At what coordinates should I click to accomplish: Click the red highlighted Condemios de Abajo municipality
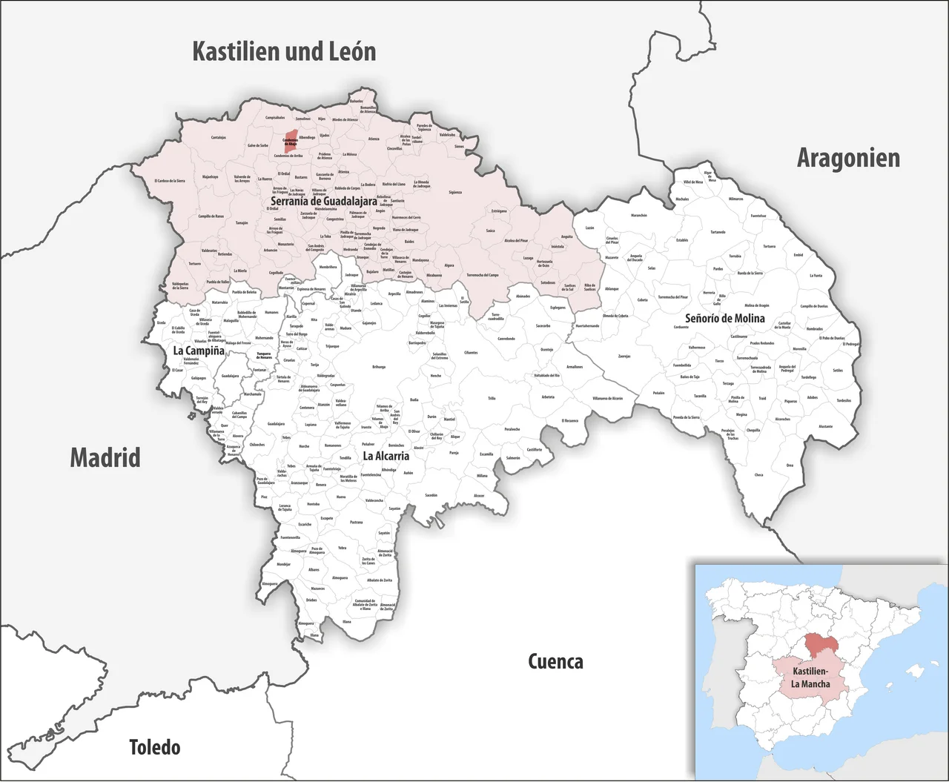tap(291, 144)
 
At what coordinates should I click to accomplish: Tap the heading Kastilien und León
tap(284, 52)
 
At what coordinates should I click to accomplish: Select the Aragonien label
tap(848, 158)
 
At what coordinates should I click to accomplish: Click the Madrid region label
tap(105, 457)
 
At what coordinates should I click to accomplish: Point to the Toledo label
tap(154, 747)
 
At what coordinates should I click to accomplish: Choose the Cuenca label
tap(555, 661)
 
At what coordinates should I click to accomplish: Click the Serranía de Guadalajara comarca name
tap(323, 201)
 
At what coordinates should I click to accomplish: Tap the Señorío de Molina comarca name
tap(724, 318)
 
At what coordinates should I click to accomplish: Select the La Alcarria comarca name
tap(386, 456)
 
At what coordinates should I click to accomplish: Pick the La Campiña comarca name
tap(199, 351)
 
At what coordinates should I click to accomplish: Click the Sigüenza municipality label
tap(454, 193)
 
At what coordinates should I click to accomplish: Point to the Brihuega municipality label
tap(378, 367)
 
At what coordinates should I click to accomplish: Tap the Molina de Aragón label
tap(756, 305)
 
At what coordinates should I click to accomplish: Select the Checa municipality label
tap(758, 475)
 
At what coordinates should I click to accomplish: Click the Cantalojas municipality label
tap(218, 137)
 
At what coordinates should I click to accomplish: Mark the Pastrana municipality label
tap(356, 523)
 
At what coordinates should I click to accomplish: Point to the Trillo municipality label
tap(491, 399)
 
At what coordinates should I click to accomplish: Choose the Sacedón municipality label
tap(431, 495)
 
